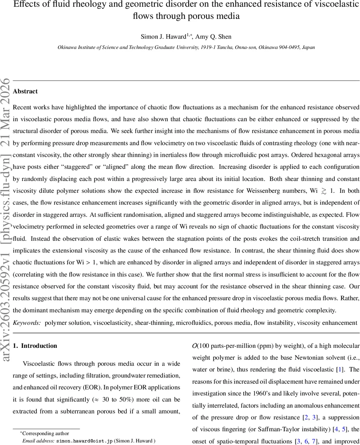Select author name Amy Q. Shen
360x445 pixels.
213,36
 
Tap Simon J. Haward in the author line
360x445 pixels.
163,36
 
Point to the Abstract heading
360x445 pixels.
25,91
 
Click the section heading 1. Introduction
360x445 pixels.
35,346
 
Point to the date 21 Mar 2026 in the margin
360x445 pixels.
6,105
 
